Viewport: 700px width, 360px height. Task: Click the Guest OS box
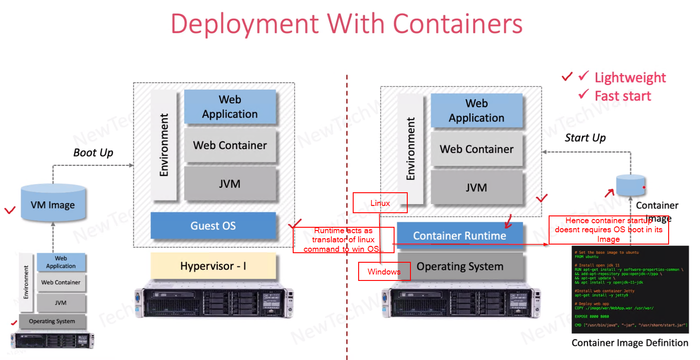tap(213, 225)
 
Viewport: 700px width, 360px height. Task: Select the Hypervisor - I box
tap(213, 266)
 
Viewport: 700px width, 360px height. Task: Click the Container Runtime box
tap(460, 235)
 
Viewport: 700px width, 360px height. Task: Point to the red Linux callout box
tap(380, 203)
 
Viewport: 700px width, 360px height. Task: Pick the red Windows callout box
tap(384, 271)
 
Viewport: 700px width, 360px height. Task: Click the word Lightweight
tap(630, 78)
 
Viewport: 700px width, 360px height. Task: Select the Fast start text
tap(623, 96)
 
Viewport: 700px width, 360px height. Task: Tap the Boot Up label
tap(93, 153)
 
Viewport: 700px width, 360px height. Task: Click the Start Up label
tap(585, 138)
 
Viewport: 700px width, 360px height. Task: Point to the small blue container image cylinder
tap(630, 185)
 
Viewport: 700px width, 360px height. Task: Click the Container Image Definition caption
tap(630, 343)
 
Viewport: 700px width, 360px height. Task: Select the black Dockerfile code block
tap(630, 290)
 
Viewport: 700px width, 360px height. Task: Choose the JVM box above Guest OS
tap(230, 184)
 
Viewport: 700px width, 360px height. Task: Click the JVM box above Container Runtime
tap(476, 187)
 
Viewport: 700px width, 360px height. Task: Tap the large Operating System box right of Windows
tap(460, 266)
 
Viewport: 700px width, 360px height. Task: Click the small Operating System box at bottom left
tap(52, 321)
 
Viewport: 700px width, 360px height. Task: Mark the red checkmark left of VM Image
tap(10, 210)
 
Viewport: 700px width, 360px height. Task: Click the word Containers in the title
tap(457, 24)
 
